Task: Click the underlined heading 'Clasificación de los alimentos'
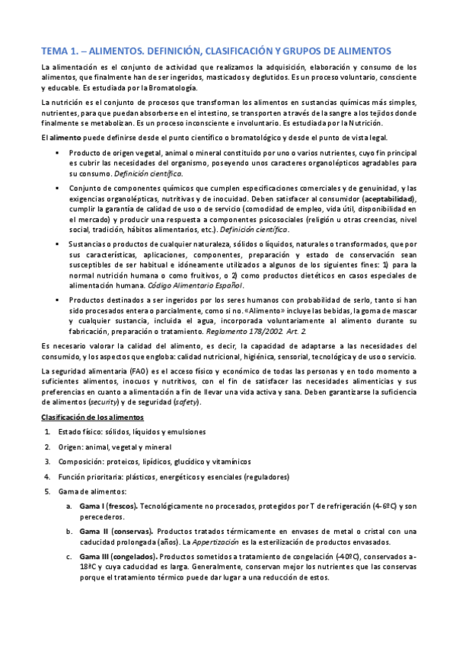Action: [91, 418]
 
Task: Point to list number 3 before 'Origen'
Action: [48, 447]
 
